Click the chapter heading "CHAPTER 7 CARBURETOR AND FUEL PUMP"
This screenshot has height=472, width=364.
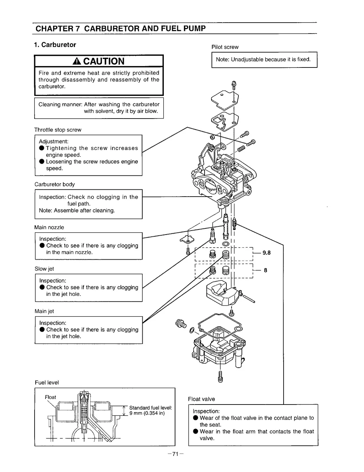tap(120, 28)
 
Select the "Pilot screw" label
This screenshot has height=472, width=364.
tap(225, 47)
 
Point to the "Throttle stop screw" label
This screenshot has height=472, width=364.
tap(58, 130)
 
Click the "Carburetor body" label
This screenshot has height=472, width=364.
tap(55, 184)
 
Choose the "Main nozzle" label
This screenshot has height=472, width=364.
tap(49, 227)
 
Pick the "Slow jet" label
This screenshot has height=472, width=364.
tap(44, 269)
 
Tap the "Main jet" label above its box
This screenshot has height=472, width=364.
tap(44, 311)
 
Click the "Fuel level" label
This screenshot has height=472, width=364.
tap(47, 383)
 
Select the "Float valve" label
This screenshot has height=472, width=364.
tap(201, 399)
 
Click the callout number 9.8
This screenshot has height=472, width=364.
tap(266, 252)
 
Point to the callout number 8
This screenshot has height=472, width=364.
tap(265, 270)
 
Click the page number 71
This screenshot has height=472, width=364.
tap(175, 454)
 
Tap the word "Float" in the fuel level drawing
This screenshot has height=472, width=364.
tap(51, 397)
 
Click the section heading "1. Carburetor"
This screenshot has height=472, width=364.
tap(55, 45)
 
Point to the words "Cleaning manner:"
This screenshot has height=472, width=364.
tap(60, 104)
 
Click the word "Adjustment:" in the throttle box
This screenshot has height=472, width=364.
tap(54, 142)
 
